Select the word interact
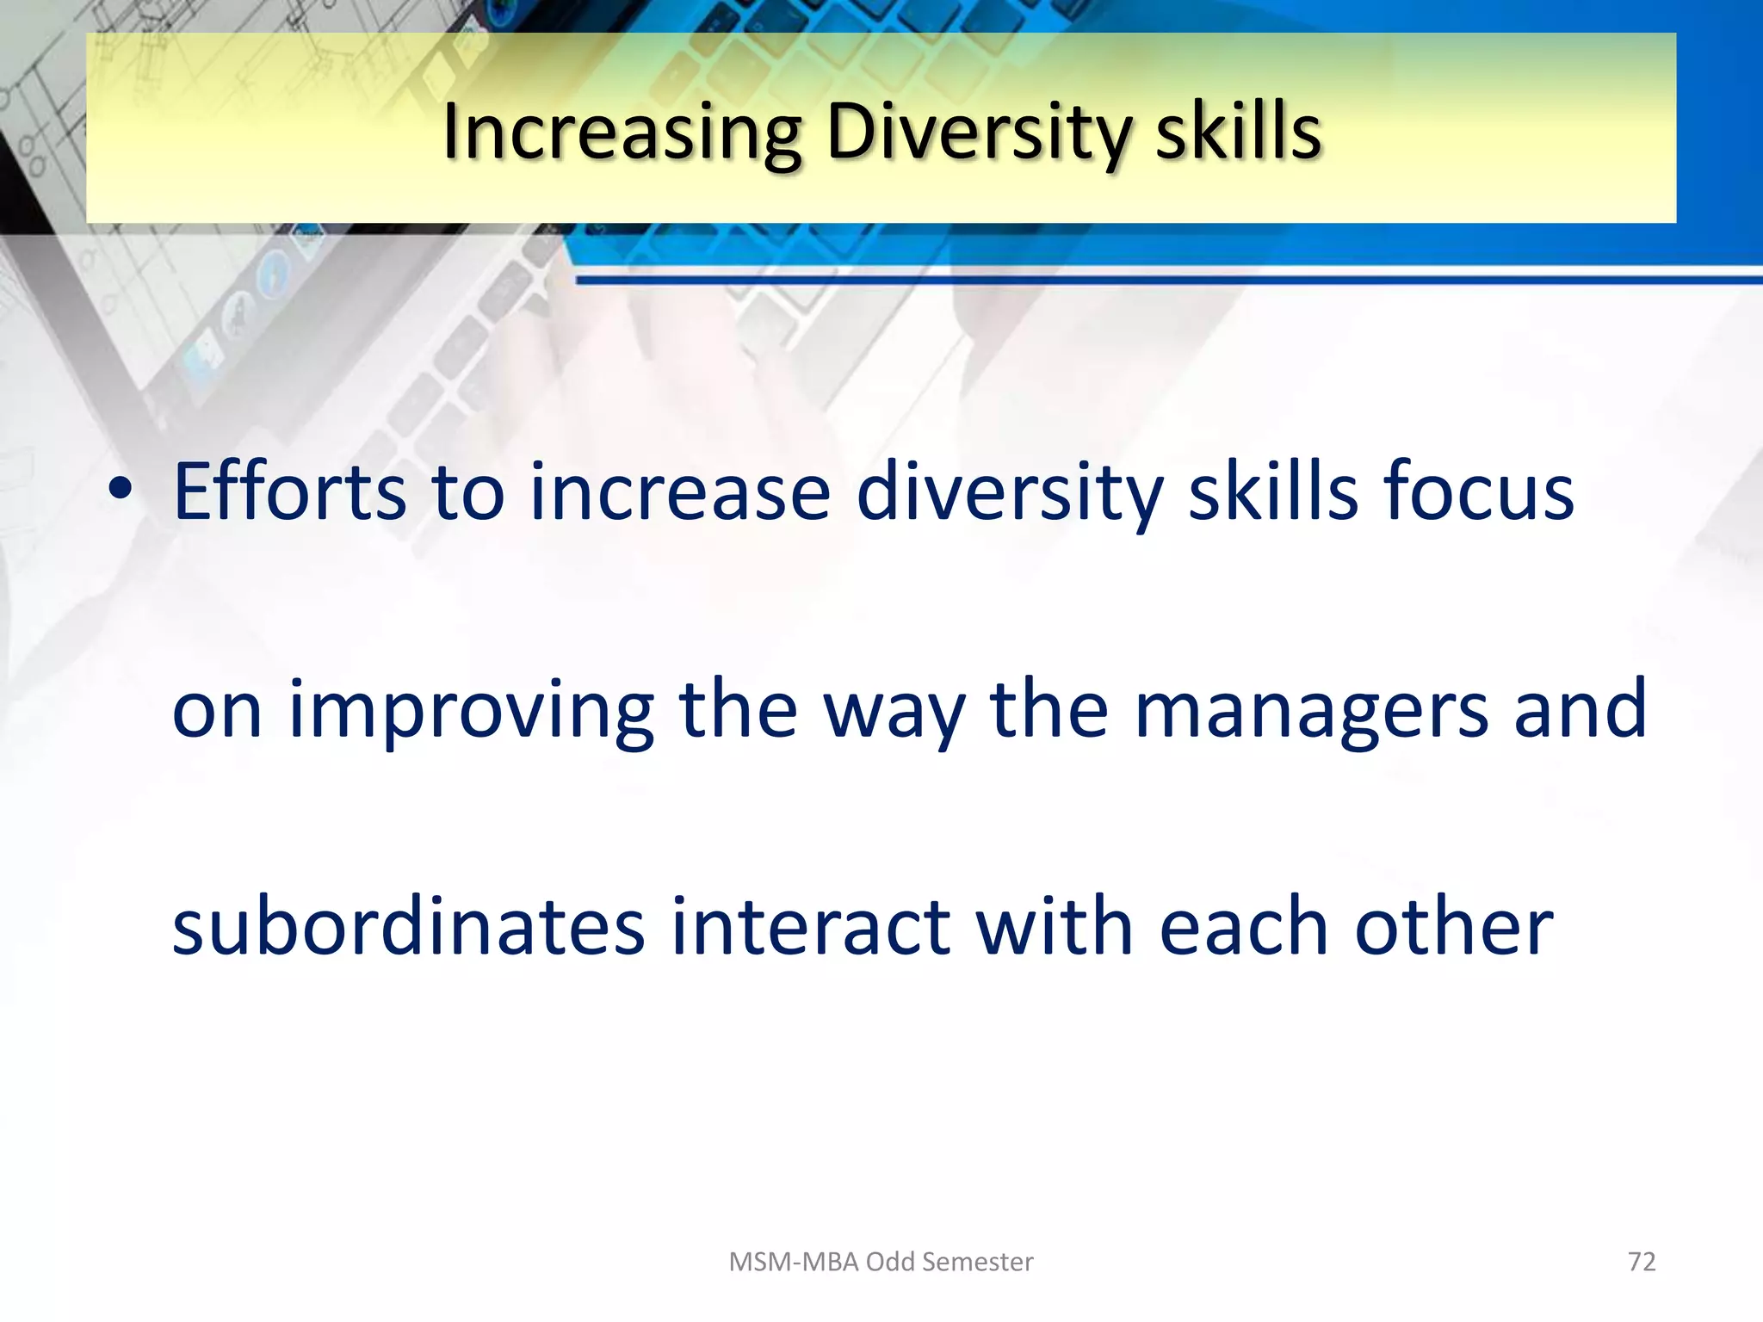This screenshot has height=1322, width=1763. coord(810,928)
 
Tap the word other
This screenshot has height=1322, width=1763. coord(1454,928)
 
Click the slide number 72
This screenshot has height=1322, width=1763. coord(1642,1262)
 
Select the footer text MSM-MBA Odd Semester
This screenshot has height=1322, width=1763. coord(881,1262)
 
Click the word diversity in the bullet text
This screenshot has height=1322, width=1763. coord(1009,494)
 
